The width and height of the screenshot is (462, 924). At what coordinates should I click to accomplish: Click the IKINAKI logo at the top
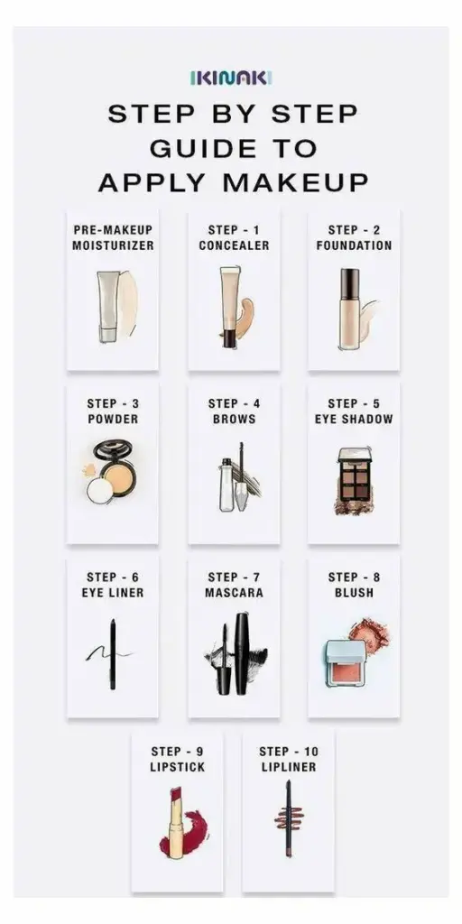click(x=231, y=79)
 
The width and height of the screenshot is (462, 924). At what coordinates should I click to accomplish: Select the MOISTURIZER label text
click(x=113, y=245)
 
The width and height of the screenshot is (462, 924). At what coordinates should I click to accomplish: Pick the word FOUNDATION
click(x=354, y=245)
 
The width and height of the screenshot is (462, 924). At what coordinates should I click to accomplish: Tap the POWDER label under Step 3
click(x=113, y=420)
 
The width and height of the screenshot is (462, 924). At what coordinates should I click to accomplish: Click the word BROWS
click(x=234, y=420)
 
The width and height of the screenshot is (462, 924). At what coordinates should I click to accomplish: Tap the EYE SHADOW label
click(x=354, y=420)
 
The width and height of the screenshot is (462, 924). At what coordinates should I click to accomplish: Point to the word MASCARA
click(x=234, y=593)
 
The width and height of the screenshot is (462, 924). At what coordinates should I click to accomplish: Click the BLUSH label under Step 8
click(x=354, y=593)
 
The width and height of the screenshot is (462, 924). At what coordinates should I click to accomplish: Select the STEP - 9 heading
click(x=178, y=751)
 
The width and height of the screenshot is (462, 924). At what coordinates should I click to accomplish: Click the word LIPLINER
click(x=288, y=767)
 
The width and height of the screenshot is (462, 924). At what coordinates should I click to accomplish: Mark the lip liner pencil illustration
click(x=289, y=818)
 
